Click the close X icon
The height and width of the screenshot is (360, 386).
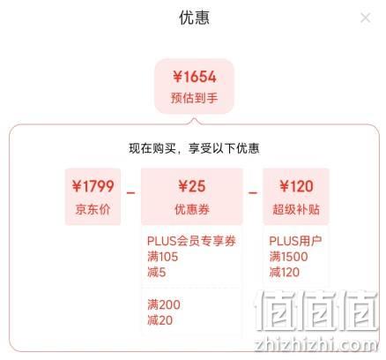[x=366, y=18]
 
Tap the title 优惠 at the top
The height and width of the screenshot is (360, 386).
[x=194, y=18]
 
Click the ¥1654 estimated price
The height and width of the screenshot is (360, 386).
[x=195, y=77]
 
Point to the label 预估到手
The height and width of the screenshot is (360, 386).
[x=194, y=98]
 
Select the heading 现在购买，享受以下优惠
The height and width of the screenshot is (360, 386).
[x=194, y=148]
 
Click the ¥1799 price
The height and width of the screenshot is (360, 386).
[x=93, y=186]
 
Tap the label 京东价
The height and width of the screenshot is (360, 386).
[x=93, y=209]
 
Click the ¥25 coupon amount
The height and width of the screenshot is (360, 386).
[x=192, y=186]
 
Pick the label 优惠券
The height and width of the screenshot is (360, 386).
[x=192, y=209]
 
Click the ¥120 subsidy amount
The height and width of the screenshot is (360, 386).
[x=296, y=186]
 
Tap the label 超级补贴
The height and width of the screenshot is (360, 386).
[x=296, y=209]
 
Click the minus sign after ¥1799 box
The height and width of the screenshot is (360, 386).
[x=130, y=193]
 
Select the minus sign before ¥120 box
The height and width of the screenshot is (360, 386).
[x=253, y=193]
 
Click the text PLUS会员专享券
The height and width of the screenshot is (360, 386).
[x=191, y=241]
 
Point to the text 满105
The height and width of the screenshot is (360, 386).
[x=162, y=257]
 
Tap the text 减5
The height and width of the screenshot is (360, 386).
[x=157, y=273]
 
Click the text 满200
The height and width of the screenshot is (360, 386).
[x=164, y=304]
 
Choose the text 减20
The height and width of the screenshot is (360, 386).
[x=160, y=320]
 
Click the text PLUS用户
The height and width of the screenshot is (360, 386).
[x=295, y=241]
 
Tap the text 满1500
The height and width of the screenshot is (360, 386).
[x=288, y=257]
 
